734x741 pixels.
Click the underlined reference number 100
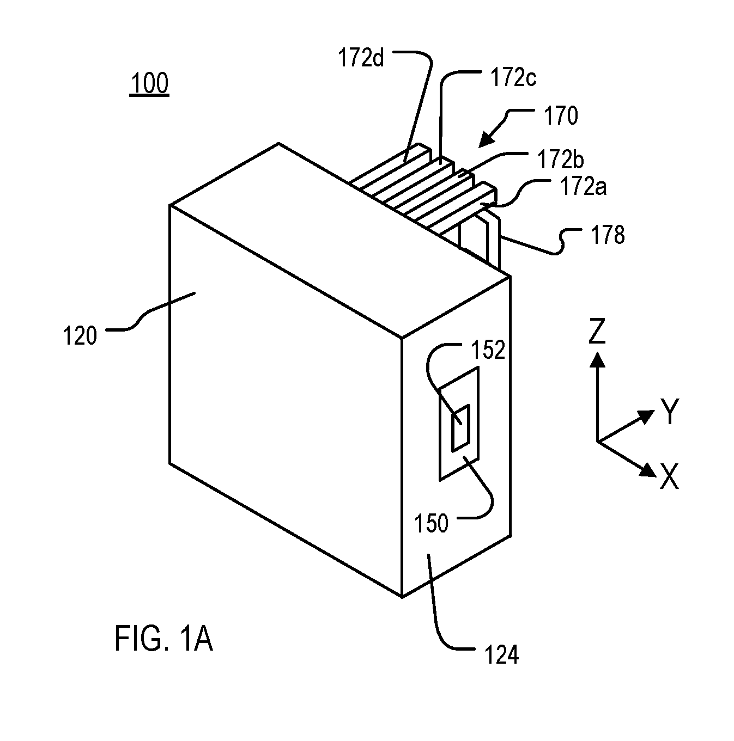tap(149, 83)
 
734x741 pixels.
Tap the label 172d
tap(361, 58)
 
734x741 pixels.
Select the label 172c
tap(513, 77)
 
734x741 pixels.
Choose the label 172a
tap(584, 187)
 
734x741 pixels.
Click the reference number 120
tap(80, 335)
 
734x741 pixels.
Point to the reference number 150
tap(432, 523)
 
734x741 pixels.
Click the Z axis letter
tap(597, 330)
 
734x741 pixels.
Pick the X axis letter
tap(669, 476)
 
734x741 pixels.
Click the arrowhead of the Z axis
tap(597, 359)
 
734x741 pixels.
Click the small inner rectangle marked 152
tap(460, 427)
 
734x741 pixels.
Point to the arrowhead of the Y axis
tap(646, 415)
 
